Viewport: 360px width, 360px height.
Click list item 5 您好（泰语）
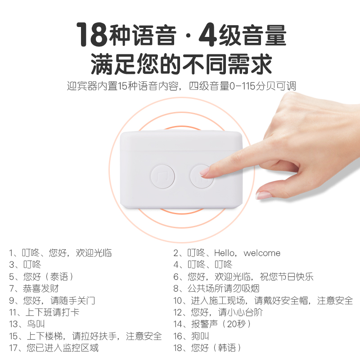(x=41, y=277)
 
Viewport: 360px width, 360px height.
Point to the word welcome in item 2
(x=262, y=253)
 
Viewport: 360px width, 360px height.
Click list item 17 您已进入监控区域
(x=54, y=347)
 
